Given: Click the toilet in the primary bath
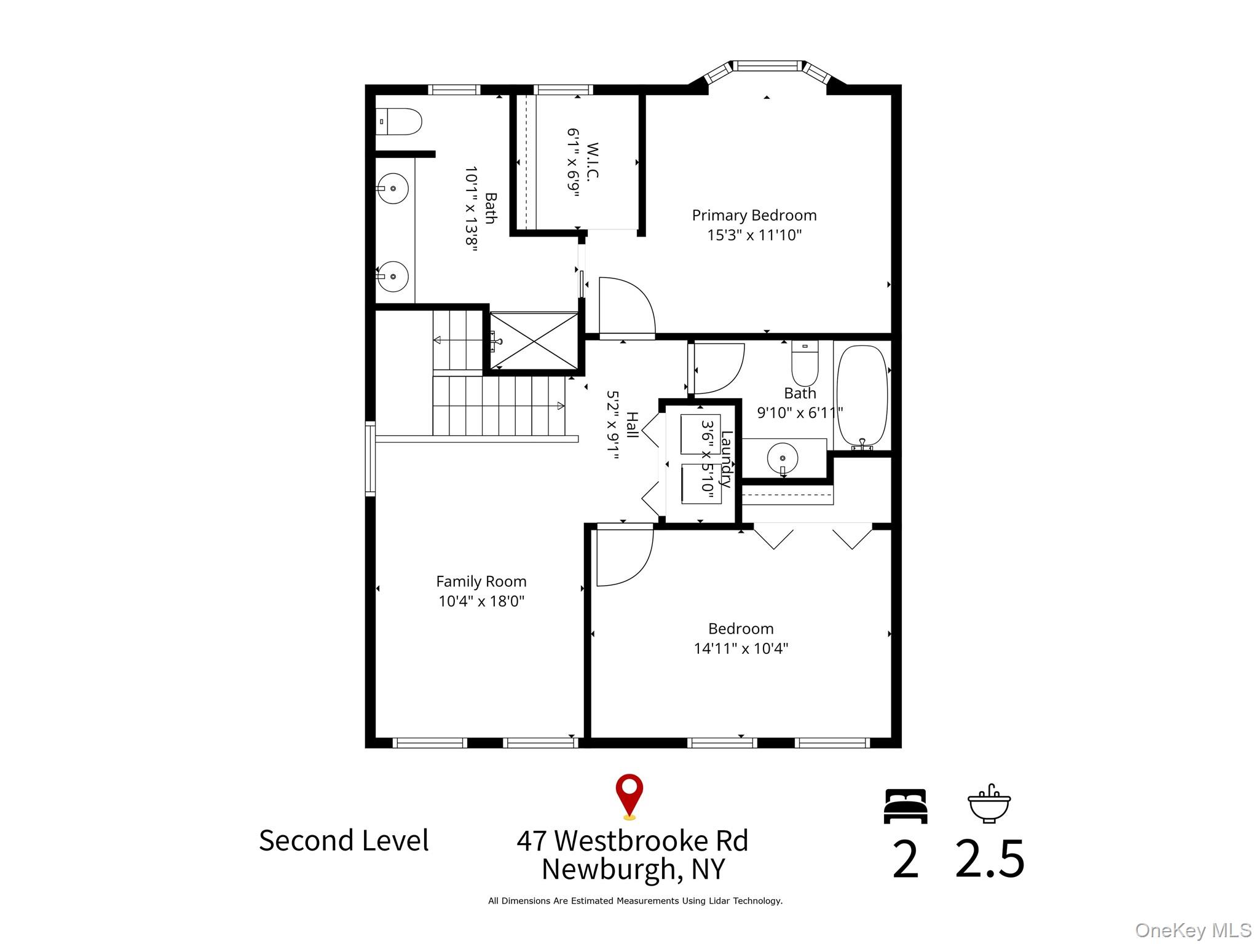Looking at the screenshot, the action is click(x=398, y=122).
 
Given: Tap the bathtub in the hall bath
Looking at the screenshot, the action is click(x=862, y=396).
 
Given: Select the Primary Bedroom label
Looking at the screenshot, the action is click(x=754, y=215).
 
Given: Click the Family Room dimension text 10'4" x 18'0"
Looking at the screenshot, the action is click(x=481, y=600).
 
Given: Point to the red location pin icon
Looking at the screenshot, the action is click(x=629, y=796).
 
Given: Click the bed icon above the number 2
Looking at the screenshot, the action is click(x=906, y=806).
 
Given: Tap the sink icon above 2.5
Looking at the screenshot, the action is click(x=989, y=804).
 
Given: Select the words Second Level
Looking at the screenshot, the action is click(x=344, y=840).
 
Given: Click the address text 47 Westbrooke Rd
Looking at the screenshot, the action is click(x=633, y=840).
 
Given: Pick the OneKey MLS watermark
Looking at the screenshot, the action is click(x=1193, y=930).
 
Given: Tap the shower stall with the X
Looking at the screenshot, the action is click(x=534, y=341).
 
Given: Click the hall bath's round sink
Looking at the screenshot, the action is click(x=783, y=458).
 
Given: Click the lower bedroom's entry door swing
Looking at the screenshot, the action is click(x=625, y=556).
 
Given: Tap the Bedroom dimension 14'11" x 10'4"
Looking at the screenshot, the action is click(x=741, y=648).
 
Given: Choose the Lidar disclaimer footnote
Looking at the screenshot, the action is click(x=635, y=901).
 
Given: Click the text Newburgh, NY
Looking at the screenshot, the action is click(x=633, y=869).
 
